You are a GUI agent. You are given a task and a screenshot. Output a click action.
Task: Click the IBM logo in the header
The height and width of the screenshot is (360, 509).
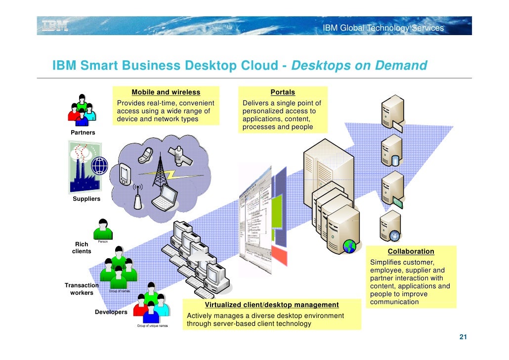click(55, 25)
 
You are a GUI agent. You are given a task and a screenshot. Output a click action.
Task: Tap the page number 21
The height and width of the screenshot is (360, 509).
click(463, 337)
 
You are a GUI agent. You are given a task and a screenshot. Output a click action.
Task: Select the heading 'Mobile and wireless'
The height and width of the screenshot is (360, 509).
click(166, 92)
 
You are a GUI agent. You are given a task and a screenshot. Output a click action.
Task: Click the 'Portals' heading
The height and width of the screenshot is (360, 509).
click(283, 92)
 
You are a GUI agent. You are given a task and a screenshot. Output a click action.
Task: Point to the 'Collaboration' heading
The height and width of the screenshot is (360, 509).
click(411, 251)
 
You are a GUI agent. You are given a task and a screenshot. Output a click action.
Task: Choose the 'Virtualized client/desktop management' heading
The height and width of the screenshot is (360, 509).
click(272, 305)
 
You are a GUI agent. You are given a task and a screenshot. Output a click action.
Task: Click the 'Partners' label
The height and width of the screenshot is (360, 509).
click(83, 133)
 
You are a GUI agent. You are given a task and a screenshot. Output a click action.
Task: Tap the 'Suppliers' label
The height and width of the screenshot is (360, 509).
click(86, 199)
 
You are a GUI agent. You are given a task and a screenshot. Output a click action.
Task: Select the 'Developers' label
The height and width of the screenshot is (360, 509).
click(111, 312)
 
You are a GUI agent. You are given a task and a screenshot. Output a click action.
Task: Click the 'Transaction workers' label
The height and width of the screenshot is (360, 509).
click(82, 289)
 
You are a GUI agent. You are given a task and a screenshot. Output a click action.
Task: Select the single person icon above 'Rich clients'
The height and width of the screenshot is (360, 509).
click(103, 229)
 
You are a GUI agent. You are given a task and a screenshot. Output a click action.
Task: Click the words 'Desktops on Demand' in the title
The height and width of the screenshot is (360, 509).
click(359, 66)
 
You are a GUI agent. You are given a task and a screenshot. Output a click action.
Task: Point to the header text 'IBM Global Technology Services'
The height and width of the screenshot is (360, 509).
click(383, 28)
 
